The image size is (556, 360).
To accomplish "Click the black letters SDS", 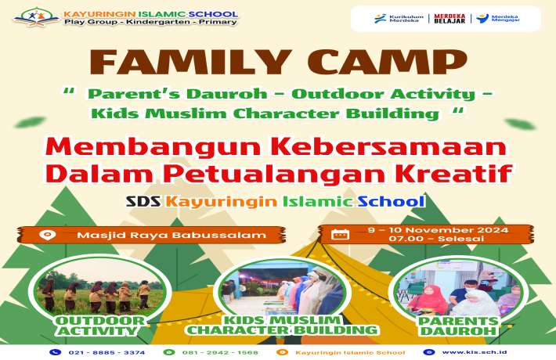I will (x=143, y=200).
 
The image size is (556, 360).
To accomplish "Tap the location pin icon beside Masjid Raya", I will (x=49, y=235).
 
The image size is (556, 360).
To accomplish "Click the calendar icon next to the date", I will (x=340, y=234).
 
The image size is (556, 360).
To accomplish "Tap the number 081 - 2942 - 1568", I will (x=222, y=352).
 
